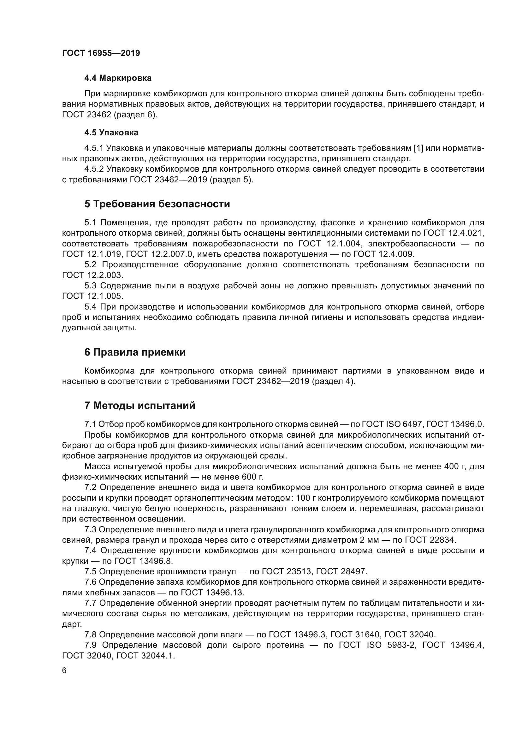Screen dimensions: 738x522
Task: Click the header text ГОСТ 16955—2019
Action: [x=101, y=53]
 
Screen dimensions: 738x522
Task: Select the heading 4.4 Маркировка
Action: [x=118, y=78]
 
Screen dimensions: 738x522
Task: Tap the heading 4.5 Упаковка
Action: [x=111, y=133]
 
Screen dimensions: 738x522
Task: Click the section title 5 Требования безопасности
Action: [x=157, y=204]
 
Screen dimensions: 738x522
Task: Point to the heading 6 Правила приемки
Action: [x=135, y=352]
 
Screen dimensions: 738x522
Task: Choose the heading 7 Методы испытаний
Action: [x=140, y=405]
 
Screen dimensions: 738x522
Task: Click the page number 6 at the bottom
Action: [x=64, y=670]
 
